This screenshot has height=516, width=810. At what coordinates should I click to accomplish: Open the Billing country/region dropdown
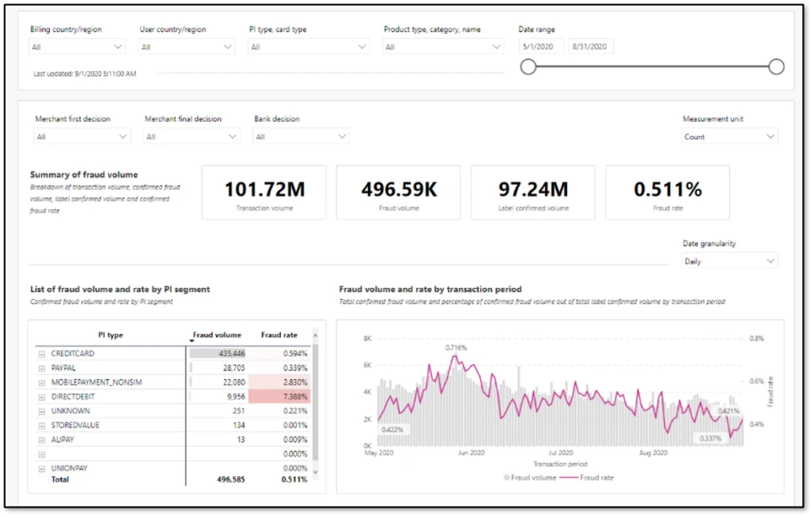pos(77,47)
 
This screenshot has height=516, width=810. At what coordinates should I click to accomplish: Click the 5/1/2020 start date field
pos(542,47)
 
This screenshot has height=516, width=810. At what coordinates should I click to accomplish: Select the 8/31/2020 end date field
pos(591,47)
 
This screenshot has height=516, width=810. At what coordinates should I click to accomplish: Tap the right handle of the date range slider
pos(776,66)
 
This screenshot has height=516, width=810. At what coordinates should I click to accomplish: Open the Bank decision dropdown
pos(301,136)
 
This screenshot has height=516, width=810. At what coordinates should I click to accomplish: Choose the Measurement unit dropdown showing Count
pos(729,136)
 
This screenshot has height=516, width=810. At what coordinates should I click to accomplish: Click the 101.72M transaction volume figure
pos(263,189)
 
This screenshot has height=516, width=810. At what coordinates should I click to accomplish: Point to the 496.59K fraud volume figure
pos(399,189)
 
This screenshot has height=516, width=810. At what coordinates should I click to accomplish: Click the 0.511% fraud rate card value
pos(668,189)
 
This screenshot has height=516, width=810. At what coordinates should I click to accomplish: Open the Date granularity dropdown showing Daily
pos(729,261)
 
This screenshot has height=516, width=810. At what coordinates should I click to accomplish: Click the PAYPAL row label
pos(65,368)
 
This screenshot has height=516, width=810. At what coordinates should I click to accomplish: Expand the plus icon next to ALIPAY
pos(41,439)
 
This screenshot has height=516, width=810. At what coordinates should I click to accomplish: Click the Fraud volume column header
pos(217,335)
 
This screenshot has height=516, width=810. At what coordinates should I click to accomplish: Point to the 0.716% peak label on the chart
pos(456,347)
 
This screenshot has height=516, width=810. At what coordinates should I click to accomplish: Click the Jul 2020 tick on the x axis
pos(560,453)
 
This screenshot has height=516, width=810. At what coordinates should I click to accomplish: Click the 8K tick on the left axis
pos(367,338)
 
